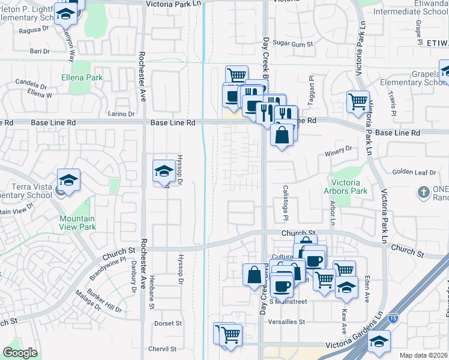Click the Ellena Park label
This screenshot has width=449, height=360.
click(82, 77)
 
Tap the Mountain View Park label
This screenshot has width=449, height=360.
click(77, 224)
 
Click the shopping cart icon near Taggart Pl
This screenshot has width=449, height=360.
click(358, 101)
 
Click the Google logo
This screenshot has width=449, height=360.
click(20, 353)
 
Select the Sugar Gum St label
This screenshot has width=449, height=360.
click(294, 44)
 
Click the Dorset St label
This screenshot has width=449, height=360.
click(168, 323)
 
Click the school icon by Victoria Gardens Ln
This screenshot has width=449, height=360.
click(379, 343)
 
